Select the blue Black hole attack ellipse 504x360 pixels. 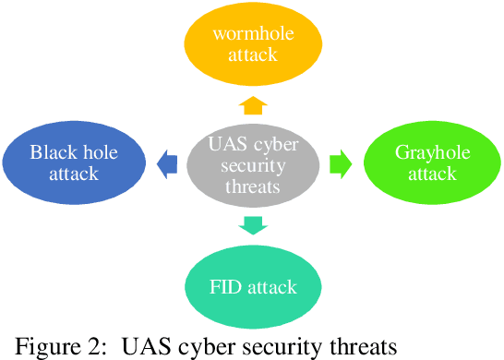click(x=74, y=163)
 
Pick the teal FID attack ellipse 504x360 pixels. click(x=255, y=286)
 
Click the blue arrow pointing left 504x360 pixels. click(x=167, y=164)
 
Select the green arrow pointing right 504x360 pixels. click(x=340, y=164)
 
